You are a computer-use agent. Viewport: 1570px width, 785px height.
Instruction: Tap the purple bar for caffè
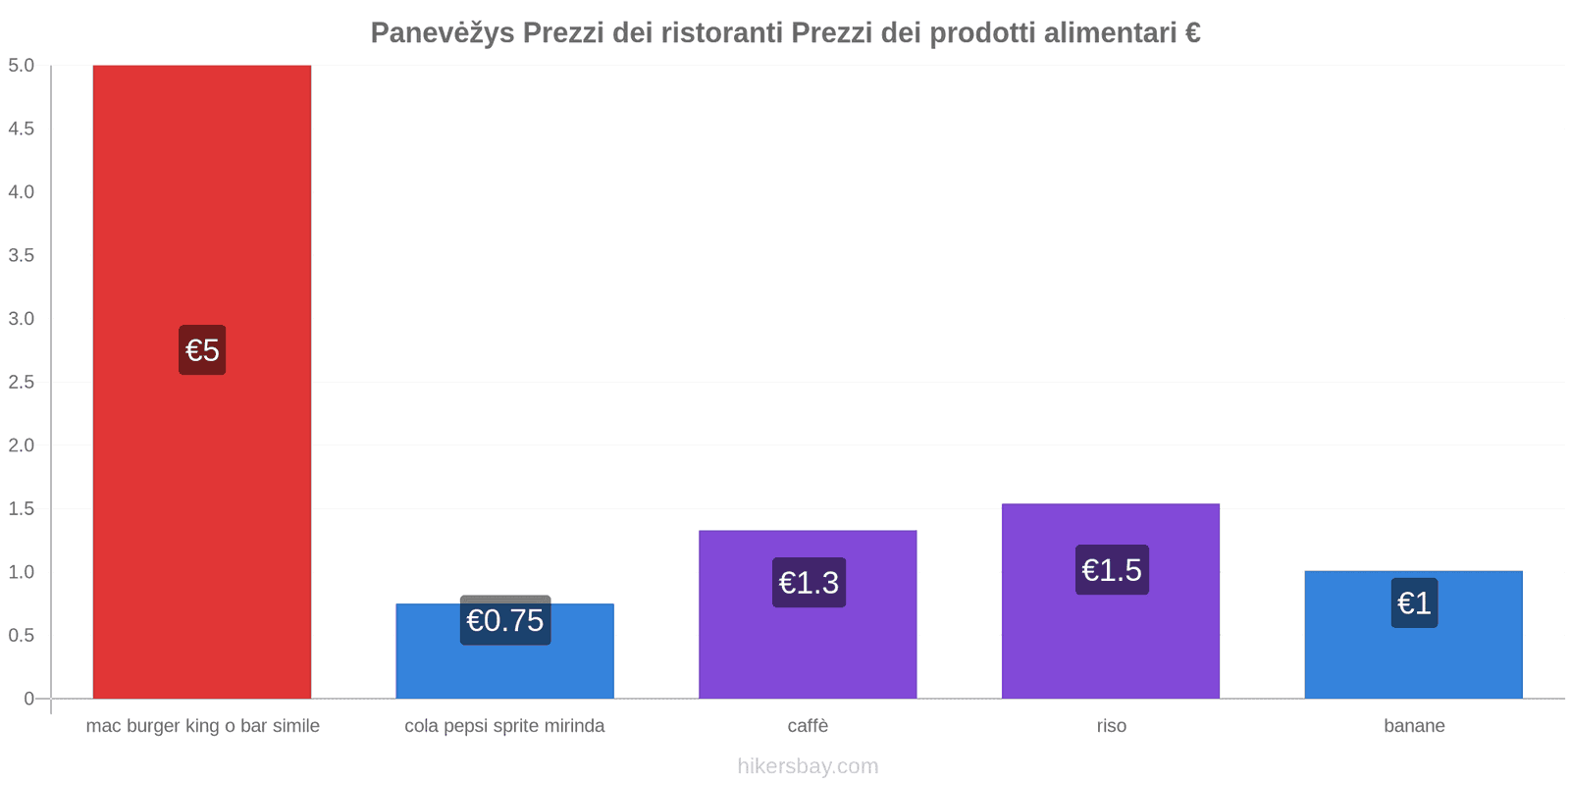click(808, 648)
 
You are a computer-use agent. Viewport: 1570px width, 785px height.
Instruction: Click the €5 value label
click(202, 350)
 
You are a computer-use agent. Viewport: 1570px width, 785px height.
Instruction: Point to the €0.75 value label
click(504, 621)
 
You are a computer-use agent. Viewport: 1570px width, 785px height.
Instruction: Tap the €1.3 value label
click(809, 583)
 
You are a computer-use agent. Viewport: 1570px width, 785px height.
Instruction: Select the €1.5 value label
click(1112, 570)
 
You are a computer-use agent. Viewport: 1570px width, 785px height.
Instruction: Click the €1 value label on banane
click(1414, 603)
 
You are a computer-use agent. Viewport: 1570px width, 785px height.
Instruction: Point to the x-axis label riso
click(1111, 726)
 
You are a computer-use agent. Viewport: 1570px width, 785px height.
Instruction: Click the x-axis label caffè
click(808, 726)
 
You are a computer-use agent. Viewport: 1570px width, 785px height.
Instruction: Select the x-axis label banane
click(1414, 726)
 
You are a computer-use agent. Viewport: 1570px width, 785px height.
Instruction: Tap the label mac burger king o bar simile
click(202, 726)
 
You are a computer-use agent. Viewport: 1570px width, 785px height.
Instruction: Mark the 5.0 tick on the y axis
click(21, 66)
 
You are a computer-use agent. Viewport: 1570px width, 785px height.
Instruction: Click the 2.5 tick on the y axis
click(21, 382)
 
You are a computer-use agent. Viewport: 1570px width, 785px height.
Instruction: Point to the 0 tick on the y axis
click(28, 699)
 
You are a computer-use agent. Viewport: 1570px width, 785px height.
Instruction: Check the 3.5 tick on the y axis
click(21, 255)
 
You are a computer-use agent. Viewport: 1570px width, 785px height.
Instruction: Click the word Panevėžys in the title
click(442, 33)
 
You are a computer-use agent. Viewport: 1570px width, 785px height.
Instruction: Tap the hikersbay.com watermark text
click(808, 766)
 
